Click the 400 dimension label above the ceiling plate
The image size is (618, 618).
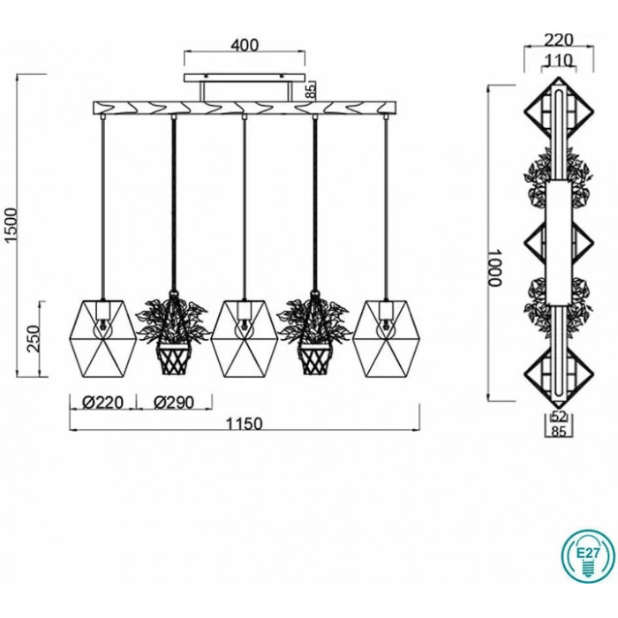[245, 45]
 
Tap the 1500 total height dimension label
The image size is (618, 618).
[11, 224]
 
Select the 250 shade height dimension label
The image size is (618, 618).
[34, 339]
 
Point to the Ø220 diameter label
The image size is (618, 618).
[103, 403]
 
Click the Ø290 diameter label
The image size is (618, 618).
[174, 403]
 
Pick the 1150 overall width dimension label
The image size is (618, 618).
[244, 424]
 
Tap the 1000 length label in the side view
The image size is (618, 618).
[493, 268]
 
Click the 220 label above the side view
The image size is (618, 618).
[559, 40]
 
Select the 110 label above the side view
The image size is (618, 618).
[558, 60]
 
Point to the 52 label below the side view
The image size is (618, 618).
[559, 416]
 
